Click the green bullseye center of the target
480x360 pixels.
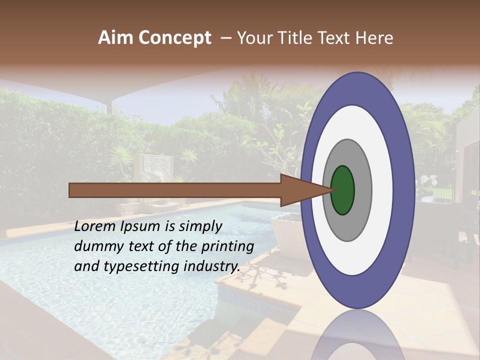(x=342, y=190)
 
